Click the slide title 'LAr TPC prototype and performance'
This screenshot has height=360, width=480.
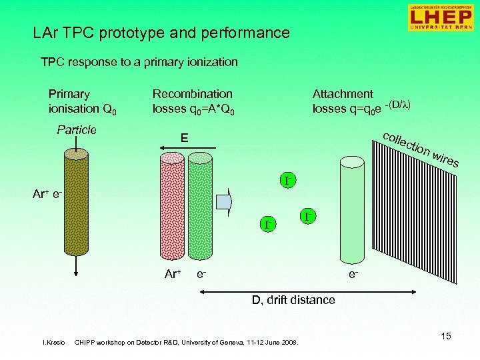(161, 33)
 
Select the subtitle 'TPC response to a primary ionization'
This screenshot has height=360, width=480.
(139, 62)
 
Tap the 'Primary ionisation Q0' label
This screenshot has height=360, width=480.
(81, 101)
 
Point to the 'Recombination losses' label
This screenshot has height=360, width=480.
(193, 101)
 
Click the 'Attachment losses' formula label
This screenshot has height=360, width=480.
(361, 101)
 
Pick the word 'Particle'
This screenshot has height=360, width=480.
(77, 130)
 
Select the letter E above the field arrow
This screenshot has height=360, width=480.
(185, 138)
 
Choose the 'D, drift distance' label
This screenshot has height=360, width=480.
(293, 300)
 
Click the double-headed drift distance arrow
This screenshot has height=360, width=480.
(287, 289)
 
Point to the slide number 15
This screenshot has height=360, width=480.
(445, 337)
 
